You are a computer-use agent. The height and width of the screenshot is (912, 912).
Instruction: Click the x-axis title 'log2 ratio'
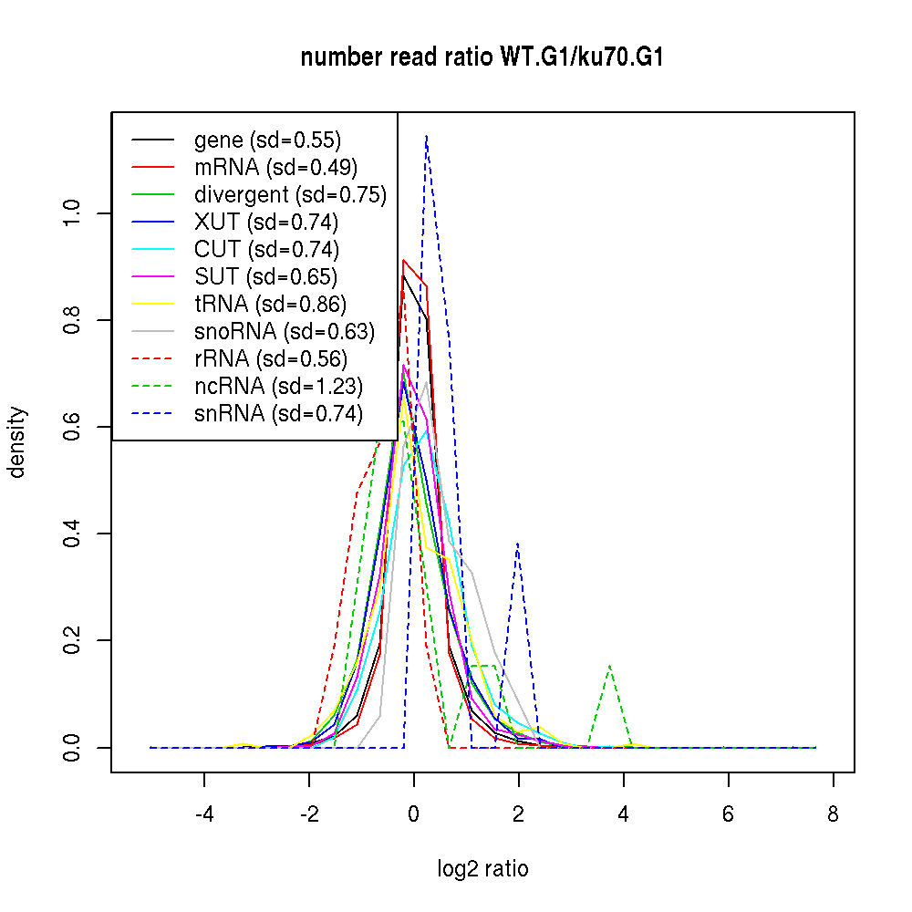tap(482, 868)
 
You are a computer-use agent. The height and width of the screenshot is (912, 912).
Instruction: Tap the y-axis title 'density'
tap(17, 441)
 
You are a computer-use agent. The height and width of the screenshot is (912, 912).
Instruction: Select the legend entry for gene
tap(267, 140)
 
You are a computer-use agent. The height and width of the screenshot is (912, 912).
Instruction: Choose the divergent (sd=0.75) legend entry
tap(290, 195)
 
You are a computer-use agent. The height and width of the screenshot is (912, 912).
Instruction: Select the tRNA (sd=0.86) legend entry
tap(270, 305)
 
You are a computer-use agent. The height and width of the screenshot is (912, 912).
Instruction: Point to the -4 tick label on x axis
tap(204, 814)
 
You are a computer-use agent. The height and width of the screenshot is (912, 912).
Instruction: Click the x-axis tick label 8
tap(833, 814)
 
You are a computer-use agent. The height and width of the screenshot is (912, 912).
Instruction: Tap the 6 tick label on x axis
tap(728, 814)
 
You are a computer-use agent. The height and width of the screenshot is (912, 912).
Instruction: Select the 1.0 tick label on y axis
tap(74, 213)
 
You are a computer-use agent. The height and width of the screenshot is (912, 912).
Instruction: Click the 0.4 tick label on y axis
tap(74, 534)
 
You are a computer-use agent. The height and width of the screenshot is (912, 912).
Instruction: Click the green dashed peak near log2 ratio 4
tap(609, 667)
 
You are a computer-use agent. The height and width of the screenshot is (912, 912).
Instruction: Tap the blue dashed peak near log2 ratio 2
tap(518, 544)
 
